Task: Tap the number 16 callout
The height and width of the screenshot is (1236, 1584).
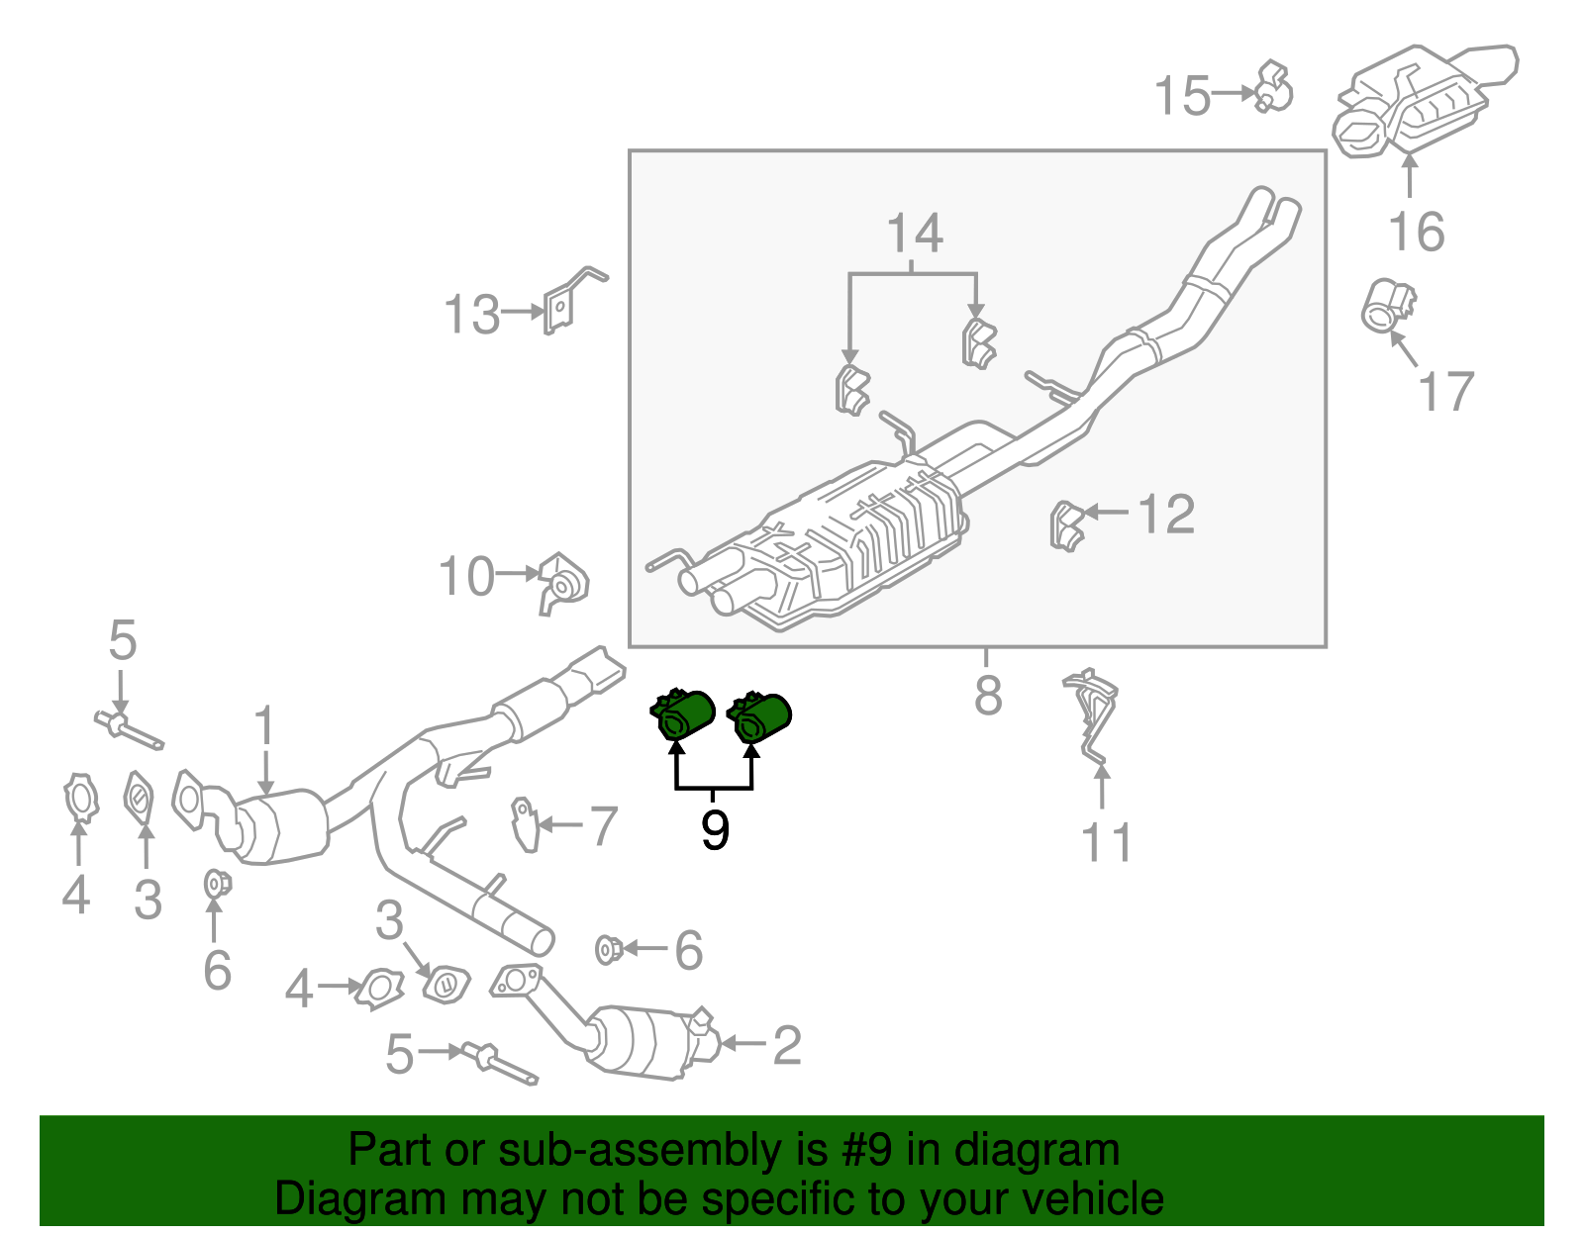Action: (x=1417, y=233)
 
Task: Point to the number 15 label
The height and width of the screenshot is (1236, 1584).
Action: (x=1182, y=96)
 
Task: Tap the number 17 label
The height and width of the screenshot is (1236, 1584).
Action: (x=1446, y=392)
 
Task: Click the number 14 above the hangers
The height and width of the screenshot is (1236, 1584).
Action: (x=914, y=235)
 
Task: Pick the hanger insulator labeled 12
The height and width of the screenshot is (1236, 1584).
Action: (x=1065, y=524)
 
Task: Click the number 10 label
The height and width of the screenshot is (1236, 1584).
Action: (x=466, y=577)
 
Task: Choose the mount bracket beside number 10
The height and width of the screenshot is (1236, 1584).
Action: (x=561, y=584)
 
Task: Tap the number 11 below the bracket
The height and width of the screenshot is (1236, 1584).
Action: (x=1106, y=843)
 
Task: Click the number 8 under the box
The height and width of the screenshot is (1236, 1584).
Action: (x=987, y=696)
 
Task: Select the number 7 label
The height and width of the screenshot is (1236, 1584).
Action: (x=603, y=825)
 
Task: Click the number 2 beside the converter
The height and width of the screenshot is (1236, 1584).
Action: (x=786, y=1045)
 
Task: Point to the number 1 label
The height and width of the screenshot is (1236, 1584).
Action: (x=263, y=727)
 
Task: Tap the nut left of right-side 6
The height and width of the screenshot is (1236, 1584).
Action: (x=608, y=950)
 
